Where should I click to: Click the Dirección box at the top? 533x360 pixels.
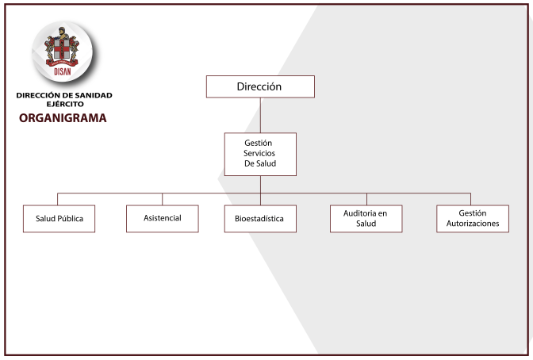pos(260,86)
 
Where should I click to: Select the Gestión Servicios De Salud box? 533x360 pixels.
pos(260,154)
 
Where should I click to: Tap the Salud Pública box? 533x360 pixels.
pos(59,219)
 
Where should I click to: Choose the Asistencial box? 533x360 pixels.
pos(163,219)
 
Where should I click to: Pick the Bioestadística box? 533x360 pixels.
pos(260,219)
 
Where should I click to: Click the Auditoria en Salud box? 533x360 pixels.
pos(366,219)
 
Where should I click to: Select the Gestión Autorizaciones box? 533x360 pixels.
pos(473,219)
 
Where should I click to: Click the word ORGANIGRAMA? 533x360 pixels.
pos(63,118)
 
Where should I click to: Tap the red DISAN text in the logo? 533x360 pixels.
pos(63,71)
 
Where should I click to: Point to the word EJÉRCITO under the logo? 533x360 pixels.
pos(65,104)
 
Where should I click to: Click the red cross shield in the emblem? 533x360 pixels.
pos(62,48)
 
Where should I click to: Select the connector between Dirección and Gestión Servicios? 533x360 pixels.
pos(260,115)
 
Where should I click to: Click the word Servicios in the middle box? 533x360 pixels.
pos(259,153)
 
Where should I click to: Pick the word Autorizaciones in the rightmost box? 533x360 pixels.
pos(473,224)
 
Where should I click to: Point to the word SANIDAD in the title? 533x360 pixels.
pos(94,95)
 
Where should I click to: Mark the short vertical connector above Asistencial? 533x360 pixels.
pos(162,199)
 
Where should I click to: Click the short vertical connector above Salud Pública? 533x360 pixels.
pos(57,199)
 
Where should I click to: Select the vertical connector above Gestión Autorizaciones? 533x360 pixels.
pos(471,199)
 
